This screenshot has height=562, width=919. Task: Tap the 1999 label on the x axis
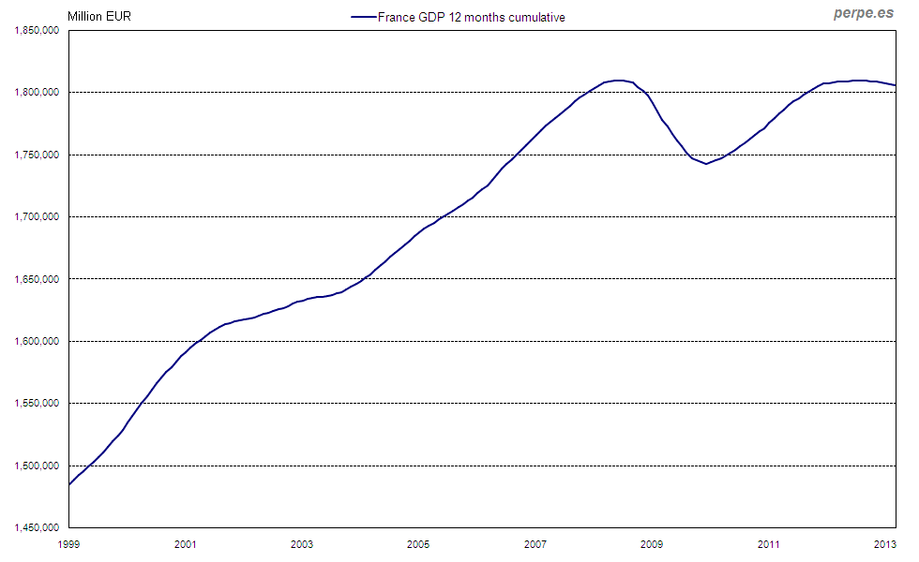click(x=68, y=544)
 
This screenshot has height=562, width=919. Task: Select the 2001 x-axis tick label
click(x=185, y=544)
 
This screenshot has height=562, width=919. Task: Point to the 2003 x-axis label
click(x=301, y=544)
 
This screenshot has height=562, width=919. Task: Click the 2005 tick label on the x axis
click(x=418, y=544)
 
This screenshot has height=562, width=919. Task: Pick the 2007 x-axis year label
click(x=535, y=544)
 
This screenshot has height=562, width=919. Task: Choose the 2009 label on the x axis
click(x=652, y=544)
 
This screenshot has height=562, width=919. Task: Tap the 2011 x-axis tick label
click(x=768, y=544)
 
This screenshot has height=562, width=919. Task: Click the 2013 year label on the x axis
click(x=884, y=544)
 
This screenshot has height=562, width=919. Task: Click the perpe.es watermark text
click(x=864, y=14)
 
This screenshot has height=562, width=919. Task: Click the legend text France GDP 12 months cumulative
click(x=471, y=17)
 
